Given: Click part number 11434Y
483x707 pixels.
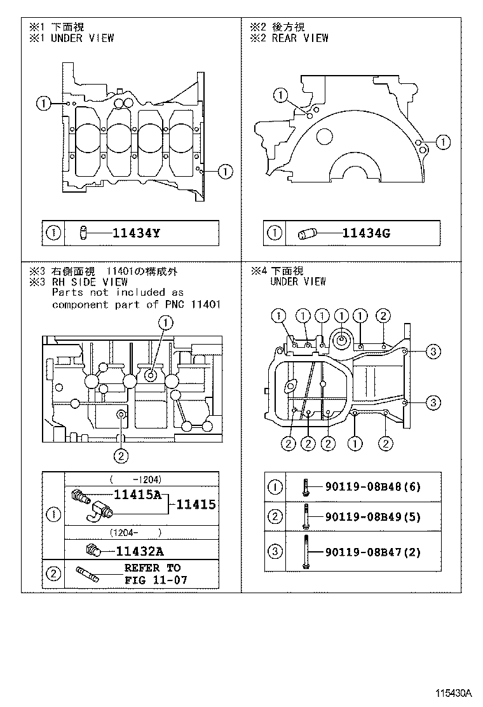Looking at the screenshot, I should tap(136, 233).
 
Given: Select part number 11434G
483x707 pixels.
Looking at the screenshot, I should tap(366, 233).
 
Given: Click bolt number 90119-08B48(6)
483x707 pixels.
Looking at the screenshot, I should tap(372, 487).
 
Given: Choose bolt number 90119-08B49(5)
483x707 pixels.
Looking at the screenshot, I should tap(372, 516).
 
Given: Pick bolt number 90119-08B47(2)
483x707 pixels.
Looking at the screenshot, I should tap(372, 552).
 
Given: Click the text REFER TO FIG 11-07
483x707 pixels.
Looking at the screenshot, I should tap(153, 574).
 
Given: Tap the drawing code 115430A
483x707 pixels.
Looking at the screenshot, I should tap(454, 692).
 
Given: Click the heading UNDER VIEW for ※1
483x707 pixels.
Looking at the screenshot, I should tap(82, 38).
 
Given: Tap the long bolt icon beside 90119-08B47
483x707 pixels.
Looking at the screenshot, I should tap(306, 551).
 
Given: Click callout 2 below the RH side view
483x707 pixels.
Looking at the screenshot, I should tap(121, 455).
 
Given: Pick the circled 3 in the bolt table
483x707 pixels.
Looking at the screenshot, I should tap(275, 552).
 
